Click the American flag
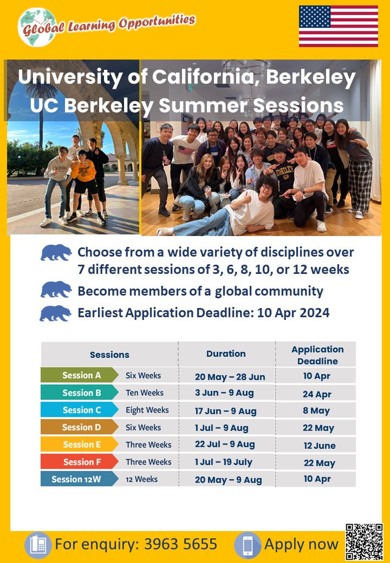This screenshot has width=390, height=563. pos(339,26)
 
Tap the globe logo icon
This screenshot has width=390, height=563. pos(37,27)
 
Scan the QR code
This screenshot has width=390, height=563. pos(364,542)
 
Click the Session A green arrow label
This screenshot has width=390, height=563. pos(80,375)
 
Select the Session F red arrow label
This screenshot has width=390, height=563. pos(80,462)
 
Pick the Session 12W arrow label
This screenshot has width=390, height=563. pos(80,479)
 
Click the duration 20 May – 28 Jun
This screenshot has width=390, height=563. pos(230,377)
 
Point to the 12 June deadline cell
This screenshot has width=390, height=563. pos(320,446)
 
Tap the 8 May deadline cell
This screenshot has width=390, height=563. pos(316,411)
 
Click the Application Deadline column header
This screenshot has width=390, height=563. pos(317,355)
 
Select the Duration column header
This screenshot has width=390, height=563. pos(226,353)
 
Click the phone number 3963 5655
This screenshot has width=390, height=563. pos(180,545)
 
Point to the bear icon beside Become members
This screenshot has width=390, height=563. pos(56,290)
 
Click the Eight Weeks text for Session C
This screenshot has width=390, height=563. pos(147,410)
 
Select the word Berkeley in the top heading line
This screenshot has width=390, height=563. pos(311,77)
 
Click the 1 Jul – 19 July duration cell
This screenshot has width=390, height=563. pos(224,462)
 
